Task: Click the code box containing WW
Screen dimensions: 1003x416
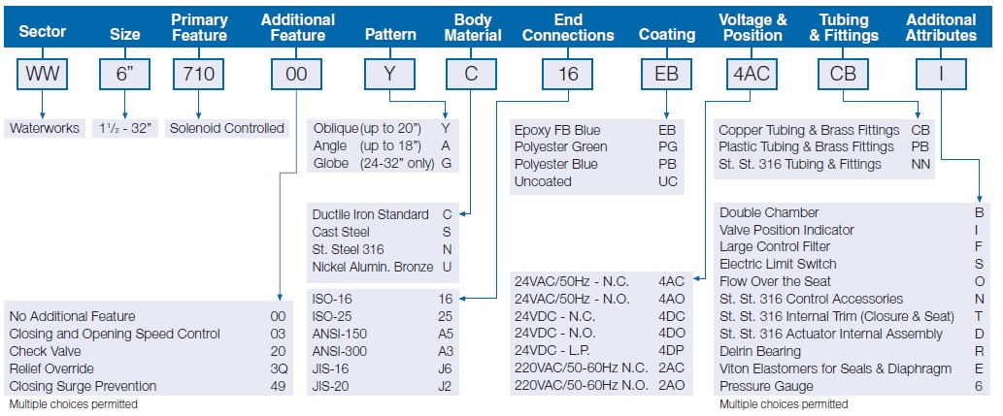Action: pyautogui.click(x=43, y=74)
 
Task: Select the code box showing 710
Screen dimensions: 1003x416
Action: pyautogui.click(x=198, y=74)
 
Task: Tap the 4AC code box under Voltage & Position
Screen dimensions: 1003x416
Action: pyautogui.click(x=752, y=74)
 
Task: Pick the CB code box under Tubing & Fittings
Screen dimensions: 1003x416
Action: pyautogui.click(x=843, y=74)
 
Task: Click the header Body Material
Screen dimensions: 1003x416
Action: pyautogui.click(x=473, y=27)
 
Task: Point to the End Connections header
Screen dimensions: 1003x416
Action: pyautogui.click(x=568, y=27)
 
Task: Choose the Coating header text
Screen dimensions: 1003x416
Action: pyautogui.click(x=666, y=35)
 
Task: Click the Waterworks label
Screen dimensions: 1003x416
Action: pyautogui.click(x=45, y=128)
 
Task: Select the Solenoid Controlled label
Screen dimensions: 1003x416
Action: pyautogui.click(x=226, y=128)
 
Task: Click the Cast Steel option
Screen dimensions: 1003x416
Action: pyautogui.click(x=341, y=232)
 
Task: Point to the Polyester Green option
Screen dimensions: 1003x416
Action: pyautogui.click(x=561, y=147)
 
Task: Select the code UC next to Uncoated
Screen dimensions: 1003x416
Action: pyautogui.click(x=668, y=181)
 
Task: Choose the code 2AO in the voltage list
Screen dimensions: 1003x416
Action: pyautogui.click(x=672, y=385)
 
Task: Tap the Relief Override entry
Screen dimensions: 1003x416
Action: pyautogui.click(x=51, y=368)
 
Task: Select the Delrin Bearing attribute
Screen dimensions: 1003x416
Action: pyautogui.click(x=760, y=351)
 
